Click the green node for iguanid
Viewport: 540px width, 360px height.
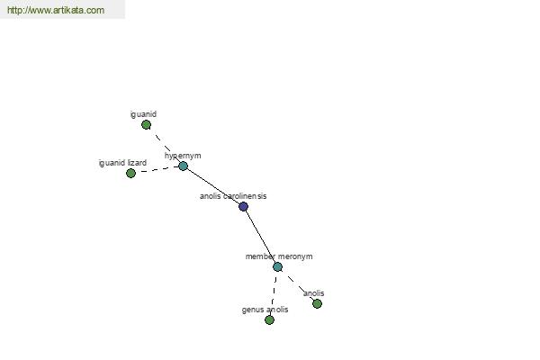click(146, 125)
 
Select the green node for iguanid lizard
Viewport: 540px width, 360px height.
click(130, 174)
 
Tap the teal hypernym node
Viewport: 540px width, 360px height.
click(183, 166)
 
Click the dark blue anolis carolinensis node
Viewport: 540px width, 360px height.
click(243, 207)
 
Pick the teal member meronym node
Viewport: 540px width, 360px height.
click(277, 267)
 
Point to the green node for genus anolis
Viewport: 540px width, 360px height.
click(269, 320)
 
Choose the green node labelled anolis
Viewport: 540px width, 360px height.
click(317, 304)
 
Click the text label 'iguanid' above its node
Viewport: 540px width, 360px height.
click(143, 114)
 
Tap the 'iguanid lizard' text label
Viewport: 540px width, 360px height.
click(122, 163)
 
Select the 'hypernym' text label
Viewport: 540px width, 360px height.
click(183, 156)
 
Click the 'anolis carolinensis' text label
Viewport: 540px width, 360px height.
click(233, 196)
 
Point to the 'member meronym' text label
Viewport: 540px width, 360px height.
click(279, 256)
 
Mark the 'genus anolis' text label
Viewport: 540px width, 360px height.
click(265, 310)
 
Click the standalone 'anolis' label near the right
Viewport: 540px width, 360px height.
click(314, 293)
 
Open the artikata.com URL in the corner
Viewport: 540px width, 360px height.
click(56, 10)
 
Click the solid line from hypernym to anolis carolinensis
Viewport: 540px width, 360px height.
click(213, 186)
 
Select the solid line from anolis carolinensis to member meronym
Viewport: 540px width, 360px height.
click(260, 237)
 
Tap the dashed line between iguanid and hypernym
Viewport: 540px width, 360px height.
click(165, 146)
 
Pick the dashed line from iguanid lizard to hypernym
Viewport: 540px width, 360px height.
click(157, 170)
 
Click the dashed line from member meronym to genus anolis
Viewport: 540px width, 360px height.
click(274, 293)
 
